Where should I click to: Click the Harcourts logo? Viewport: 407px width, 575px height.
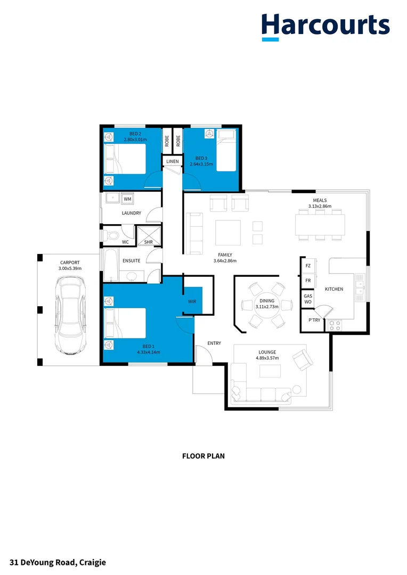pos(325,27)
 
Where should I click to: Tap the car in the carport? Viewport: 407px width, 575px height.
pos(71,318)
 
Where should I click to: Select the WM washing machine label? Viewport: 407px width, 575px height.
pos(127,199)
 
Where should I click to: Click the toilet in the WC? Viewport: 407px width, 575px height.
pos(112,234)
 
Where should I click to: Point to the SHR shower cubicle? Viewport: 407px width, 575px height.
pos(149,235)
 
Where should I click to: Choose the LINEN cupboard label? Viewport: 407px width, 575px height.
pos(173,161)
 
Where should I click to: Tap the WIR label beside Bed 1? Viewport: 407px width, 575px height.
pos(192,301)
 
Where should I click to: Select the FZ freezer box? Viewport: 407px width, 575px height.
pos(308,266)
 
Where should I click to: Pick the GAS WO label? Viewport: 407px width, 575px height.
pos(308,299)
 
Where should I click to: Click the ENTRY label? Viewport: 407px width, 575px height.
pos(214,343)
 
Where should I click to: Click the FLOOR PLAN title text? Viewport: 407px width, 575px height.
pos(203,456)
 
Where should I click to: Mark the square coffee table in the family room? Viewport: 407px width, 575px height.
pos(227,233)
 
